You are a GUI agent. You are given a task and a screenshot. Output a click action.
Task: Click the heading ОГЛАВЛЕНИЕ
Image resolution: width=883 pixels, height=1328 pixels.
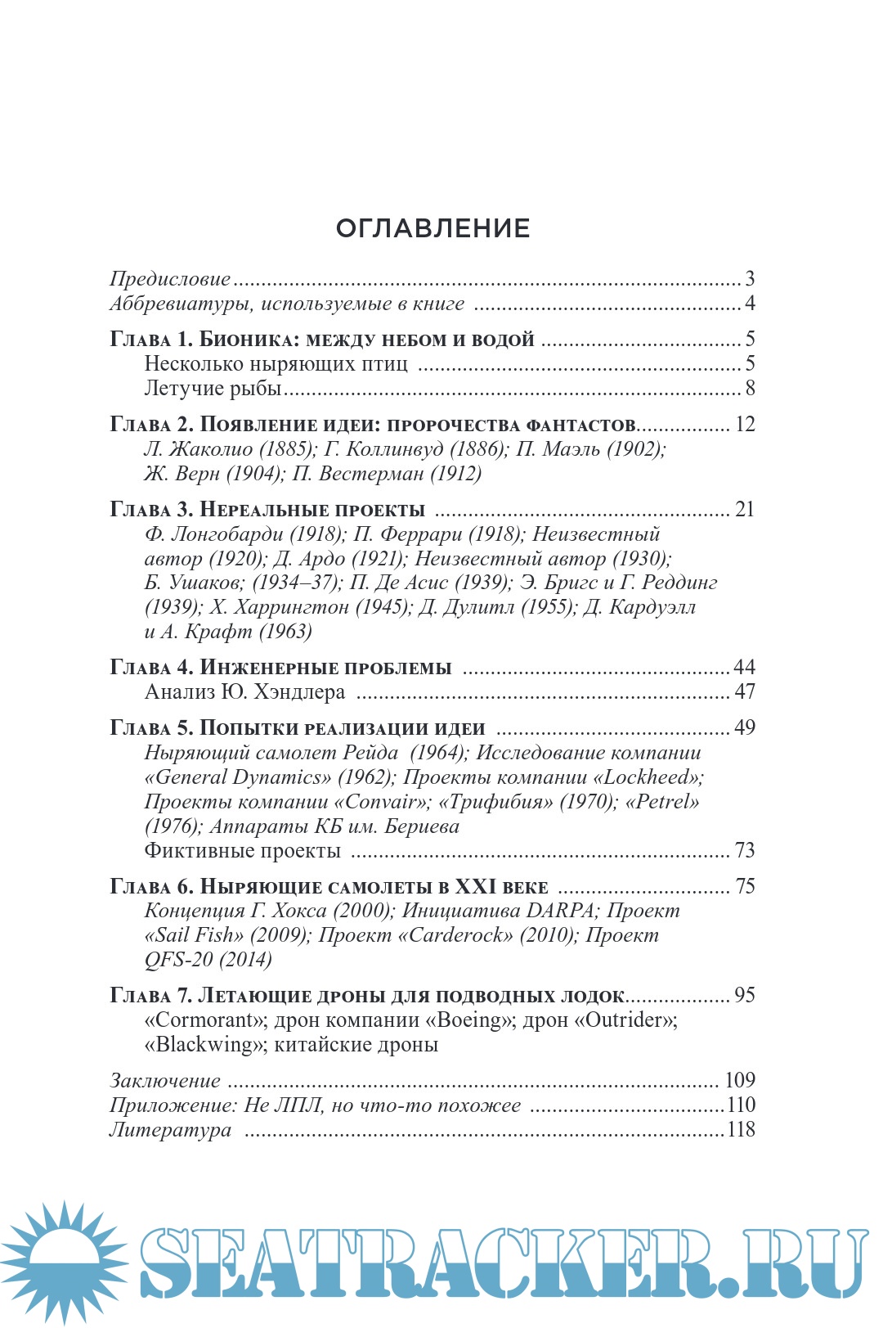(x=433, y=228)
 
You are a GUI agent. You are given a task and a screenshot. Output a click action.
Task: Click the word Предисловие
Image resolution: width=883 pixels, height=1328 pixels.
(x=170, y=279)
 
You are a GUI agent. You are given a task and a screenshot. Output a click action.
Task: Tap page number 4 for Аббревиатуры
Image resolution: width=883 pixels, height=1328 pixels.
(x=750, y=304)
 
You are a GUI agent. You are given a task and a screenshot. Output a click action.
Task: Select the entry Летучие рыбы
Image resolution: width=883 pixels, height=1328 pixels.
(x=213, y=388)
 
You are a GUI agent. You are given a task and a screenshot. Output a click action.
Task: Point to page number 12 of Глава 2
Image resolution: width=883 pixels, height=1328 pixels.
(x=745, y=424)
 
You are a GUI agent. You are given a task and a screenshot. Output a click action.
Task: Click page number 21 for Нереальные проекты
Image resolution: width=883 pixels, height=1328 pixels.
(x=745, y=509)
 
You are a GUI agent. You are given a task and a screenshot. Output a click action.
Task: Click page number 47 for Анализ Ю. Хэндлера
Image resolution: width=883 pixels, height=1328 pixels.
(x=745, y=691)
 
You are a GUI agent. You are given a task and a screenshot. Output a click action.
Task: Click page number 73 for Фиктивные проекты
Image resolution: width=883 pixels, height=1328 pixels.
(x=745, y=850)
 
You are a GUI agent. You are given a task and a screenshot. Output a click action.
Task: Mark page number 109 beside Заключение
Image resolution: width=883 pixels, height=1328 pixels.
(x=740, y=1080)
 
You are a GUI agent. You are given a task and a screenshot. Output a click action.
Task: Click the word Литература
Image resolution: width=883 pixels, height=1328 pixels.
(x=170, y=1130)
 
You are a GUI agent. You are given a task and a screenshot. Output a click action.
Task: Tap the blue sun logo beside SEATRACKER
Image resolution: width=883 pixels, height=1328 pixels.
(x=64, y=1260)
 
